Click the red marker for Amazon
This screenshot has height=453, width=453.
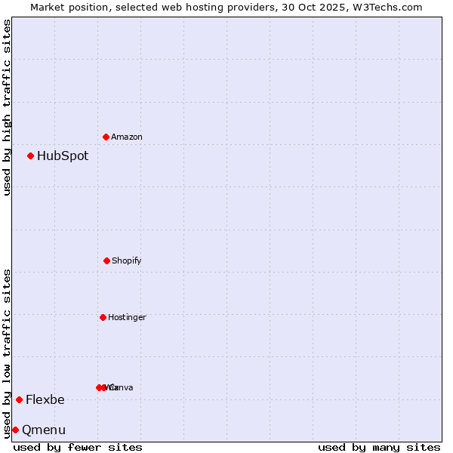click(x=106, y=137)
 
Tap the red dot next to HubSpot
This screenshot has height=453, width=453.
click(x=31, y=156)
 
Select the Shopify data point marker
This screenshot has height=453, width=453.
click(x=106, y=260)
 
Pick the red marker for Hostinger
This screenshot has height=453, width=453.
click(x=103, y=317)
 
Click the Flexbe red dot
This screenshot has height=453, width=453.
click(x=19, y=399)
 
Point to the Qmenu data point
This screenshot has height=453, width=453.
click(x=15, y=430)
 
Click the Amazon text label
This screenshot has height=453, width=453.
click(x=126, y=137)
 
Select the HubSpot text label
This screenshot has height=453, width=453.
click(x=63, y=156)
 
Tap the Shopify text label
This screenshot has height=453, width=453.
click(x=126, y=261)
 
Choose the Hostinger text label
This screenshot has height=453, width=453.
click(x=127, y=318)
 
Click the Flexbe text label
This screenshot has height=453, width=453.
click(x=45, y=400)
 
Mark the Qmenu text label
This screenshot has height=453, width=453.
click(x=44, y=430)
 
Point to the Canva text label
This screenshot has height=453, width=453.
click(x=121, y=388)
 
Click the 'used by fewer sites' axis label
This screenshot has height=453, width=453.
click(x=78, y=447)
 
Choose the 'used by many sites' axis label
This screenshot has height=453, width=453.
click(x=379, y=447)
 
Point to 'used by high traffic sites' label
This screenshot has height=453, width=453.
click(x=8, y=107)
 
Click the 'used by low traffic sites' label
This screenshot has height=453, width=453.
click(x=8, y=353)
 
